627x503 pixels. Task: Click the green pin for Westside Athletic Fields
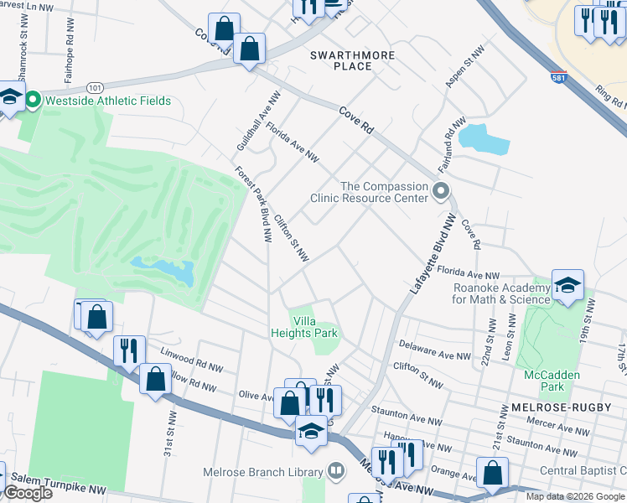34,101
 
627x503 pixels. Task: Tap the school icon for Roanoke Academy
567,285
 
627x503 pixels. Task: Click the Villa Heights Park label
315,327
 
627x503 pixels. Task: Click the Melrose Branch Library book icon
336,471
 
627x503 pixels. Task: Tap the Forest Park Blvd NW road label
254,205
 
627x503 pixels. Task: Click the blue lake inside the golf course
164,271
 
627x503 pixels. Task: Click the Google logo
28,492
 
